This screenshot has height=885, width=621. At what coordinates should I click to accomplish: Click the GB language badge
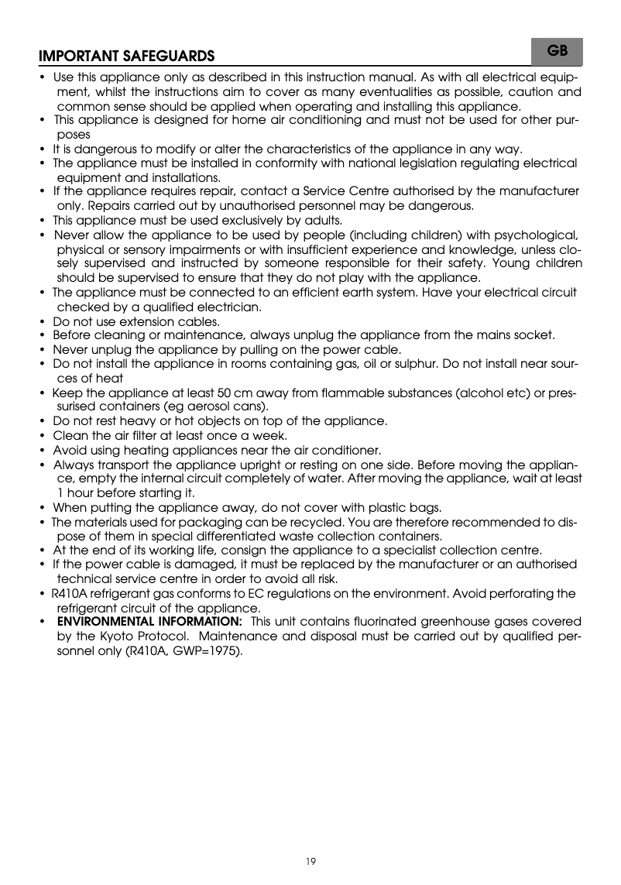pos(558,50)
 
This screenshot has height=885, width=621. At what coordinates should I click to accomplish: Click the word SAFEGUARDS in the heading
pos(167,57)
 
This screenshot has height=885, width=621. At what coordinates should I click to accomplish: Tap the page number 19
pos(310,860)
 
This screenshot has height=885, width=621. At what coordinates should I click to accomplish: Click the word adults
pos(318,220)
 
